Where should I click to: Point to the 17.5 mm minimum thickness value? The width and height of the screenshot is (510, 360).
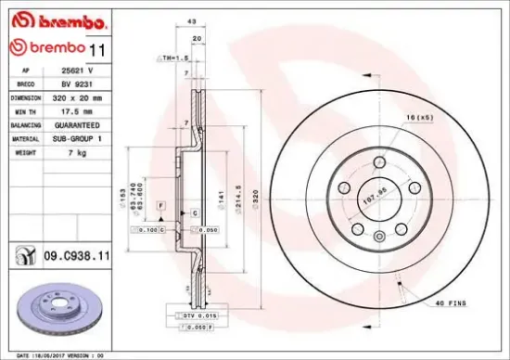click(71, 110)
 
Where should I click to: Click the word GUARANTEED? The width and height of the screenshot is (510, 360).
click(73, 123)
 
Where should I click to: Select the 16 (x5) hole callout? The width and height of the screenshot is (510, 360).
click(416, 118)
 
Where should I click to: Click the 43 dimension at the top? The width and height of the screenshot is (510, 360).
click(191, 21)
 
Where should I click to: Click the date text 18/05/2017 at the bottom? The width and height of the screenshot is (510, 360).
click(56, 354)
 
